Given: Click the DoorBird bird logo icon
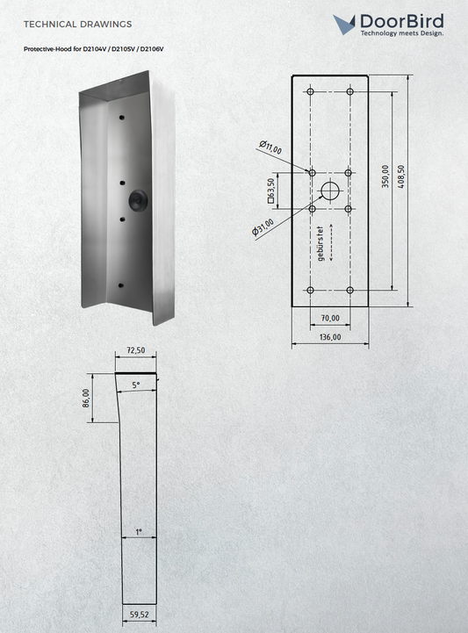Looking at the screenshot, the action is (x=344, y=25).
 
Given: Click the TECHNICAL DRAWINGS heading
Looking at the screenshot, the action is (x=77, y=25).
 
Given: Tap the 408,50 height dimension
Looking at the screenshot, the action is (x=400, y=176).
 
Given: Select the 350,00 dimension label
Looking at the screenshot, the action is (x=385, y=176).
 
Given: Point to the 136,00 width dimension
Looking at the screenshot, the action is (x=330, y=336).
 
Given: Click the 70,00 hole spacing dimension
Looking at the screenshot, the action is (x=330, y=318).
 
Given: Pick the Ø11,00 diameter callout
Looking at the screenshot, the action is (x=270, y=147).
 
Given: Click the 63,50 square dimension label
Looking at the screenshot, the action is (x=271, y=191).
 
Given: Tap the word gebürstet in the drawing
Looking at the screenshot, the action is (x=320, y=243).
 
